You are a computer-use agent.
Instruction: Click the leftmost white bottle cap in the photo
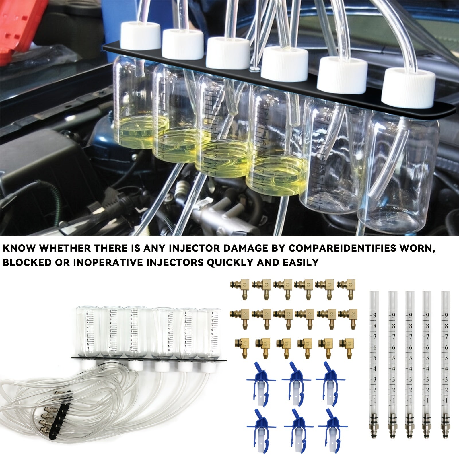140,36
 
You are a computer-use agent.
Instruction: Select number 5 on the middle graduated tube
411,358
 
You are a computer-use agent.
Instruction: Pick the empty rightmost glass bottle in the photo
399,172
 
